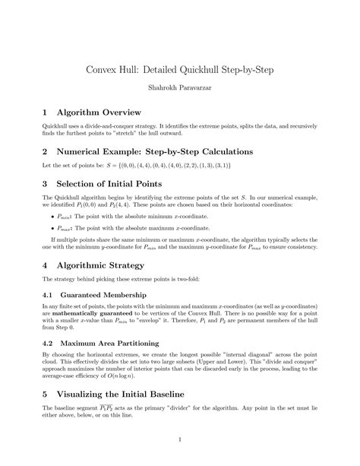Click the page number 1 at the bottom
[x=180, y=439]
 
